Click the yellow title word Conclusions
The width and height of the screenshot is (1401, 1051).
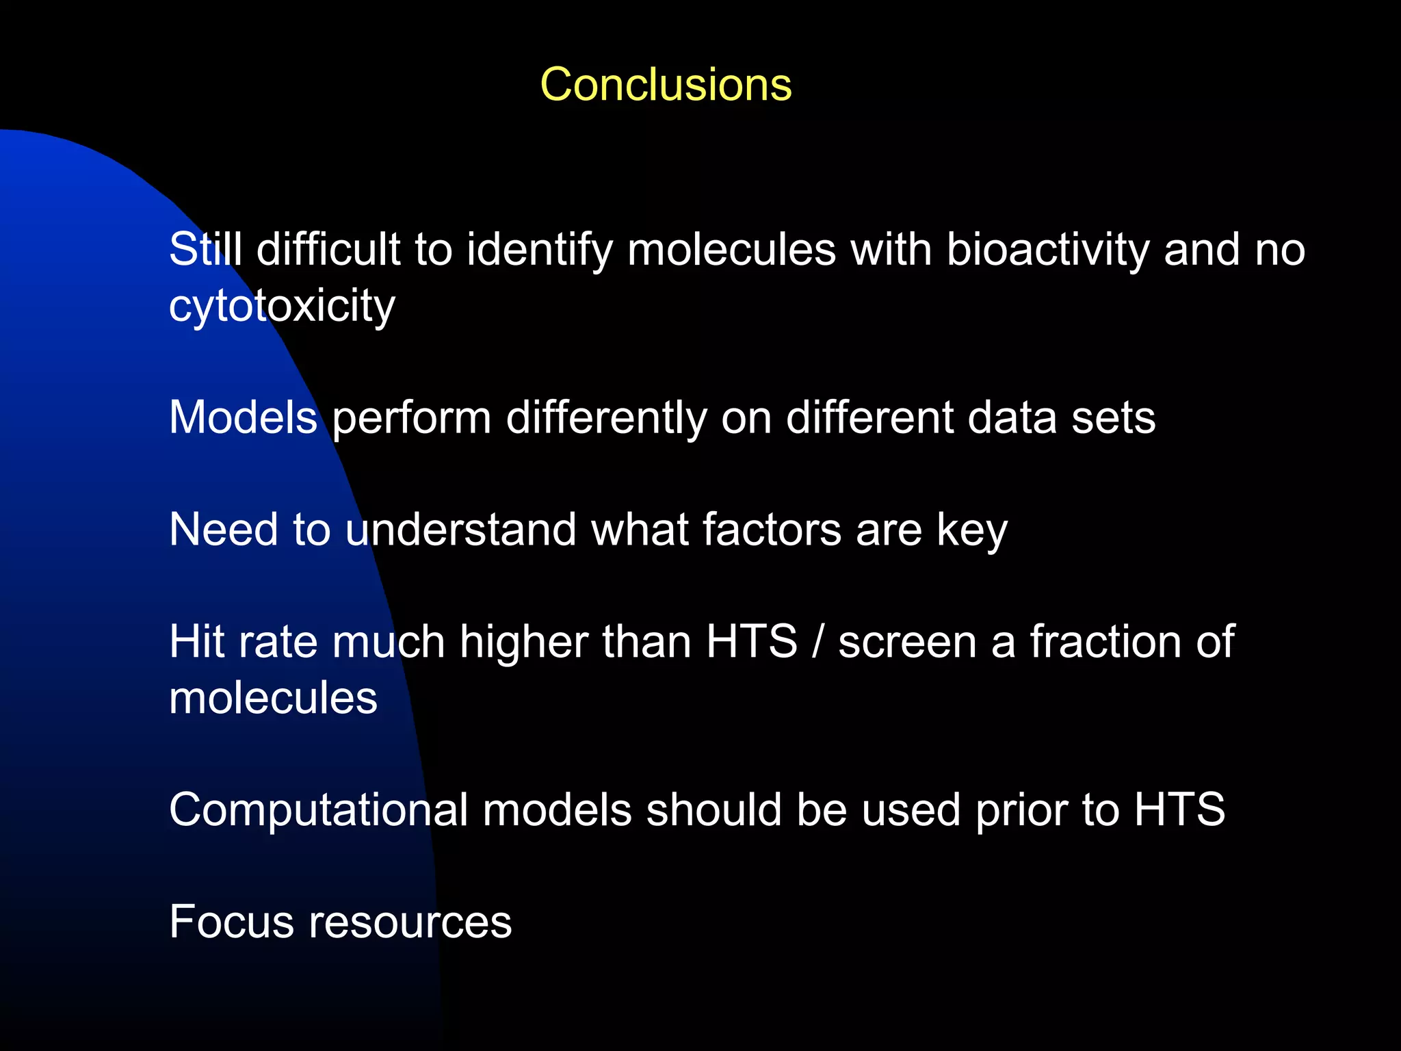[666, 85]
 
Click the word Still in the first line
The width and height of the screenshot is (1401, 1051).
[205, 249]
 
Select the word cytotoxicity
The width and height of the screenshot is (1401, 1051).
[282, 306]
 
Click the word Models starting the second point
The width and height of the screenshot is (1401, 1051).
[243, 417]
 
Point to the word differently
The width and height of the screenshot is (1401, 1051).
[606, 417]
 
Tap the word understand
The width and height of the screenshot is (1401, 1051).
[460, 530]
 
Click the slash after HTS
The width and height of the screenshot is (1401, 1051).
[817, 642]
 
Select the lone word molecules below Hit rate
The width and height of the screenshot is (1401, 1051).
[273, 698]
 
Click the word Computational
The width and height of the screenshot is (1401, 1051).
[318, 810]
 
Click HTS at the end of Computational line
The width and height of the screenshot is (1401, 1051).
[1179, 810]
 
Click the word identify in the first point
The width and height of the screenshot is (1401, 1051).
[540, 249]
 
